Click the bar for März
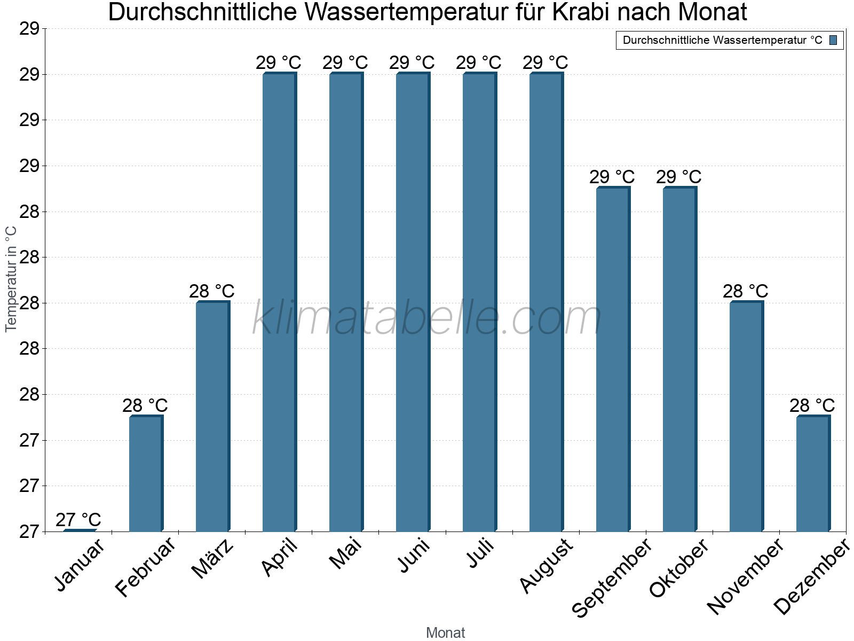click(212, 417)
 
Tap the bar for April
click(279, 302)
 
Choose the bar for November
click(746, 417)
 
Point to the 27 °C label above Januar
click(78, 520)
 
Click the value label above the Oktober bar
click(679, 177)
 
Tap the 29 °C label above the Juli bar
click(479, 63)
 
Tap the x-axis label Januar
click(80, 566)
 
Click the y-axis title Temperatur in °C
click(11, 279)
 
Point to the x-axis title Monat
click(445, 633)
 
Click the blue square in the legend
click(833, 40)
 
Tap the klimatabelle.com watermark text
click(426, 318)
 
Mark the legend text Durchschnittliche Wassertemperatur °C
click(722, 40)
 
